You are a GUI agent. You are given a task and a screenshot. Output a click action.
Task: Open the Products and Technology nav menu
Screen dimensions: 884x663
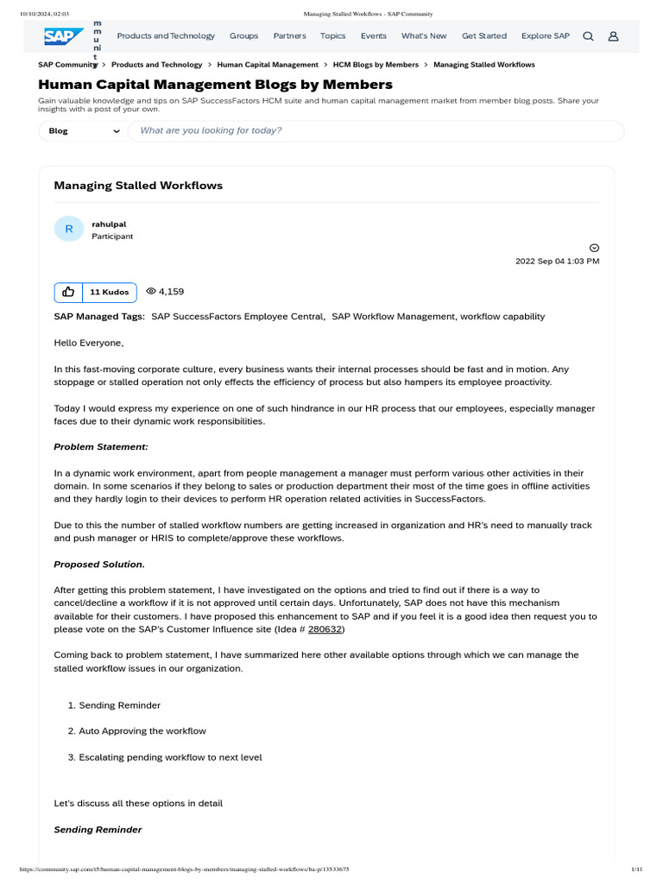pyautogui.click(x=166, y=36)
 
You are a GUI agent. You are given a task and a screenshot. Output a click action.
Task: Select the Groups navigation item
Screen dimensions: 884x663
pyautogui.click(x=243, y=36)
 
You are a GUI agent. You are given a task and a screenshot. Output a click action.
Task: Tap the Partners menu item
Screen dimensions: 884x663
pyautogui.click(x=289, y=36)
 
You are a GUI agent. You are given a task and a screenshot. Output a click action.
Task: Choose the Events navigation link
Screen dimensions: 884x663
pyautogui.click(x=373, y=36)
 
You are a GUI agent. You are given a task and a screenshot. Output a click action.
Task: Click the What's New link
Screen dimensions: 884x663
pyautogui.click(x=424, y=36)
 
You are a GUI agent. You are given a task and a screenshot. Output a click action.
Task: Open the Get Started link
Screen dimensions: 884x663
pyautogui.click(x=484, y=36)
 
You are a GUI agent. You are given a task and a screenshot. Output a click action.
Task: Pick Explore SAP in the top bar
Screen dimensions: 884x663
pyautogui.click(x=545, y=36)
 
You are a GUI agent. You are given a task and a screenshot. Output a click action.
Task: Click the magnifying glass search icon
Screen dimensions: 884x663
pyautogui.click(x=588, y=36)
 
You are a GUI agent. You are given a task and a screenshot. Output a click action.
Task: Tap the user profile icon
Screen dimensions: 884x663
pyautogui.click(x=613, y=36)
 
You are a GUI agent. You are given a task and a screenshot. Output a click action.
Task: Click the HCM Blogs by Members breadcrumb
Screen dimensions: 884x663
pyautogui.click(x=376, y=65)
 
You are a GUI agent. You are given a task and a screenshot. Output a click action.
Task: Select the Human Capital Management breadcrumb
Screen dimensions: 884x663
pyautogui.click(x=268, y=65)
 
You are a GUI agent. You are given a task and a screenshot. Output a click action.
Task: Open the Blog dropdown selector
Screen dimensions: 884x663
pyautogui.click(x=82, y=131)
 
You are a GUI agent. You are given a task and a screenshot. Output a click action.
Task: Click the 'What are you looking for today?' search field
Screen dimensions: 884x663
pyautogui.click(x=376, y=131)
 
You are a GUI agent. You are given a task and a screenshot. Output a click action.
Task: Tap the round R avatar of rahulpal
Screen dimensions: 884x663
pyautogui.click(x=69, y=229)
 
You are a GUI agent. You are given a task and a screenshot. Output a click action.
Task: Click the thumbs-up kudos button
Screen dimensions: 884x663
pyautogui.click(x=68, y=292)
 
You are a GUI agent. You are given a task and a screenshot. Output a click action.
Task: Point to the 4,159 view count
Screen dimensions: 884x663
pyautogui.click(x=165, y=292)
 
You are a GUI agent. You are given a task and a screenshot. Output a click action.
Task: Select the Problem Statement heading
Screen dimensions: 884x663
pyautogui.click(x=101, y=446)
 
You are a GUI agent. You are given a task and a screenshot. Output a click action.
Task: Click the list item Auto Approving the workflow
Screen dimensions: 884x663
pyautogui.click(x=142, y=731)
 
